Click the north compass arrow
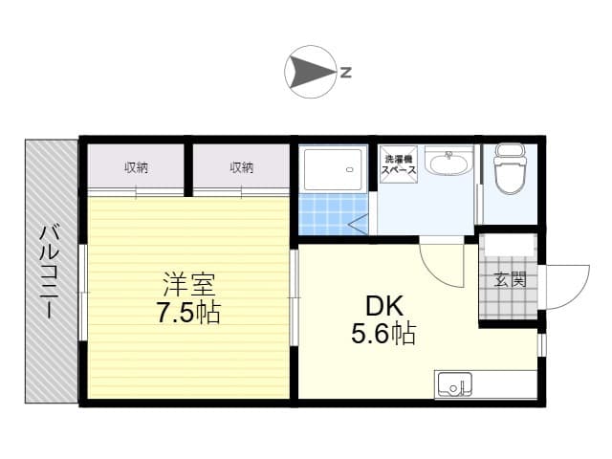coord(310,72)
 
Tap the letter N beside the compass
coord(346,72)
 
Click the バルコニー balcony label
coord(50,272)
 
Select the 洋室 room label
coord(189,285)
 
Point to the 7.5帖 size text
coord(189,313)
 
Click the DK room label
coord(384,306)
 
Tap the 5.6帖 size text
coord(383,334)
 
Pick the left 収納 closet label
coord(136,168)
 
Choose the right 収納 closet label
coord(241,168)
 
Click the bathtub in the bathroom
coord(333,169)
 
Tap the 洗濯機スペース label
coord(399,164)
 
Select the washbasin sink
coord(448,161)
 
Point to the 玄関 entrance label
coord(510,279)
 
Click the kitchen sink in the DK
coord(454,384)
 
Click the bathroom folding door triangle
coord(358,225)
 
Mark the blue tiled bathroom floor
coord(333,214)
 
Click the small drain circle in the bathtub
coord(350,169)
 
